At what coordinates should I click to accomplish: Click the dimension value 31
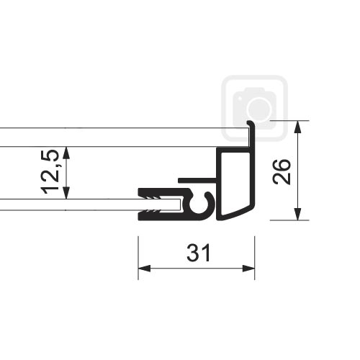[199, 253]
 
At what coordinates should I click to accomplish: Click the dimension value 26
[282, 172]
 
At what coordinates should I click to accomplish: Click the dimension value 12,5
[50, 172]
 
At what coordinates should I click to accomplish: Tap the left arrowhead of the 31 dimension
[144, 269]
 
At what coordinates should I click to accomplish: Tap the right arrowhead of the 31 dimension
[248, 269]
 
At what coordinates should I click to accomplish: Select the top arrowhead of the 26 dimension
[297, 127]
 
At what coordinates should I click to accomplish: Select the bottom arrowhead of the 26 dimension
[297, 214]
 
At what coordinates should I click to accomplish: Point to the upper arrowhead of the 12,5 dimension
[66, 153]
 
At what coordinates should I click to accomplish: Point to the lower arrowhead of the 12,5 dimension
[66, 193]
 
